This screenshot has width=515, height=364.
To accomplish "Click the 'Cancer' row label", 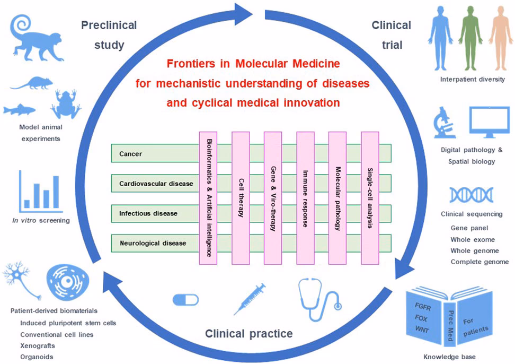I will coord(131,153).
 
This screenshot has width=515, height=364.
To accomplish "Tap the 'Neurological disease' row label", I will coord(153,243).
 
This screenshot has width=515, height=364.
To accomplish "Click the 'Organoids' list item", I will coord(37,357).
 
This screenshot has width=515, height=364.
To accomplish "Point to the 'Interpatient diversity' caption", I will coord(472,80).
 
